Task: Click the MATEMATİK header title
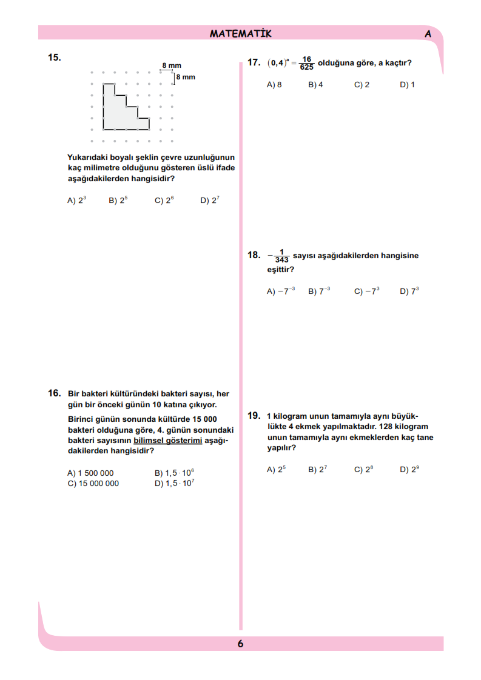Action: pyautogui.click(x=240, y=33)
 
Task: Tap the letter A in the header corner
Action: pyautogui.click(x=428, y=34)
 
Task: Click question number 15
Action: pyautogui.click(x=54, y=57)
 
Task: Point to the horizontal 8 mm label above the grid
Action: pyautogui.click(x=172, y=65)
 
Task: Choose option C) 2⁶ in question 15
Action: pyautogui.click(x=164, y=200)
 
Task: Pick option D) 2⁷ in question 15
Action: pyautogui.click(x=210, y=200)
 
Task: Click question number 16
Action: pyautogui.click(x=54, y=393)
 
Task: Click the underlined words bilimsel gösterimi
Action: pyautogui.click(x=167, y=441)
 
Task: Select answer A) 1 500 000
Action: pyautogui.click(x=90, y=473)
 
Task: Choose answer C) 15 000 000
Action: pyautogui.click(x=93, y=484)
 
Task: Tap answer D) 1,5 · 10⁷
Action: pyautogui.click(x=175, y=483)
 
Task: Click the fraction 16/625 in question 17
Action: pyautogui.click(x=306, y=63)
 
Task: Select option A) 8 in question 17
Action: pyautogui.click(x=274, y=85)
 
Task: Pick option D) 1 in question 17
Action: pyautogui.click(x=407, y=85)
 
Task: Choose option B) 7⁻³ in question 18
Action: pyautogui.click(x=319, y=291)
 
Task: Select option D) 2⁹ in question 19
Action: pyautogui.click(x=409, y=469)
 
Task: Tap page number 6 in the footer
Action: pyautogui.click(x=240, y=644)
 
